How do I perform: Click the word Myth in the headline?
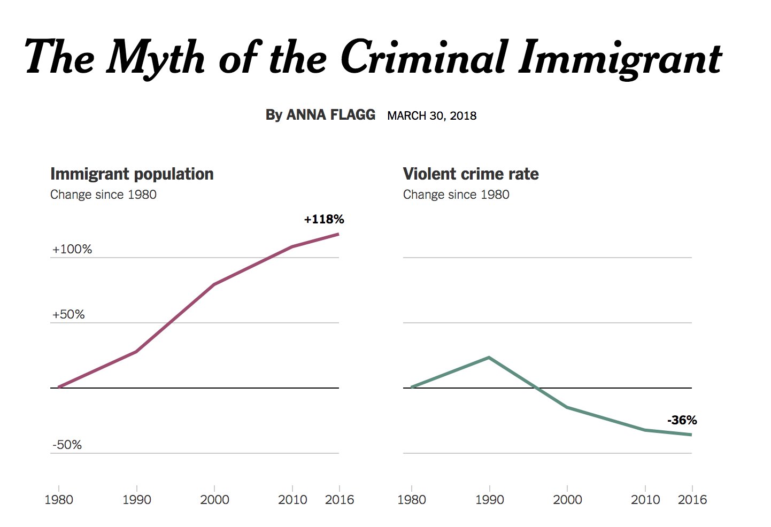point(156,58)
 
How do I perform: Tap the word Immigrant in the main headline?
point(620,58)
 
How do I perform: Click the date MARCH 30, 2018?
point(431,116)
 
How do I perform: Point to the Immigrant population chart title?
point(132,174)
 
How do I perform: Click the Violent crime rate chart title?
point(471,174)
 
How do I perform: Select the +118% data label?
point(324,219)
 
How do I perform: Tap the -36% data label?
point(682,420)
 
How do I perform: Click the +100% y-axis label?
point(72,249)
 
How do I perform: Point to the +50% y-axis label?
point(68,314)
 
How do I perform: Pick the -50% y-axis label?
point(67,445)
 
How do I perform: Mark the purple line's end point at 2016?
point(338,234)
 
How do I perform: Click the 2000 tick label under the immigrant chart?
point(214,500)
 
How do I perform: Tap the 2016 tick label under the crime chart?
point(692,500)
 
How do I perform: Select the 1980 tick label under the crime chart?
point(412,500)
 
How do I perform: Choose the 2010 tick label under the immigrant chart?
point(292,500)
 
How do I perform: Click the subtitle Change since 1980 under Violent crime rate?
point(456,195)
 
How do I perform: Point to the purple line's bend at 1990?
point(136,352)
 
